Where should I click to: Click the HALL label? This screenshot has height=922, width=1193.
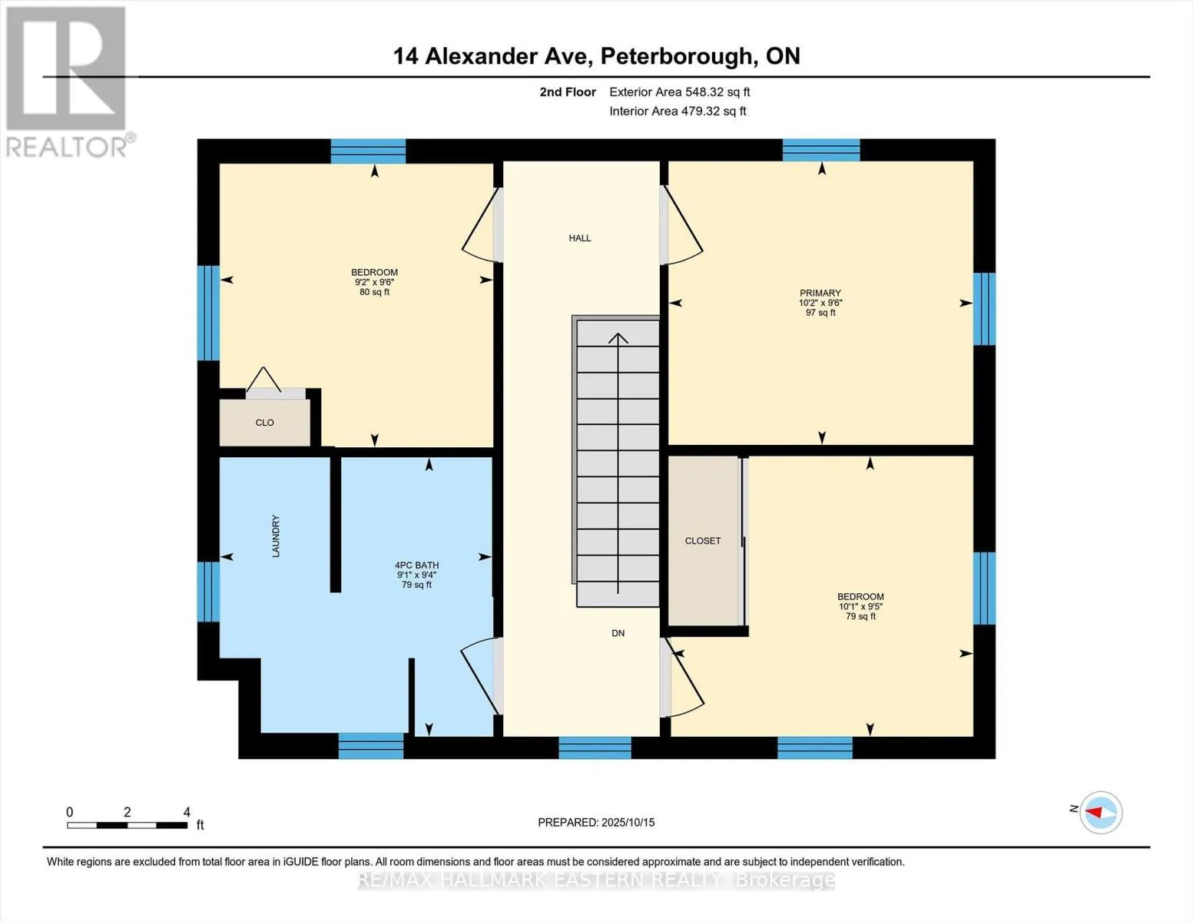click(580, 238)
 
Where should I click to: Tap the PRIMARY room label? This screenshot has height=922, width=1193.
click(820, 293)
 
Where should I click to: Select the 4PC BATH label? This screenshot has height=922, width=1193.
click(416, 565)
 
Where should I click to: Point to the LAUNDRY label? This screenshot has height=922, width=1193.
click(276, 536)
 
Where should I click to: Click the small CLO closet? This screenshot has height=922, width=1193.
click(265, 423)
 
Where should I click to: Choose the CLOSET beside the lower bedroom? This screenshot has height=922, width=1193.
click(703, 541)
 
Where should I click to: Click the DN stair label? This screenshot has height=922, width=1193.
click(618, 633)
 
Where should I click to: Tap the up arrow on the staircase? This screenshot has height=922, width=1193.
click(618, 339)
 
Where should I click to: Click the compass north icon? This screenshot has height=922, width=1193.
click(1101, 812)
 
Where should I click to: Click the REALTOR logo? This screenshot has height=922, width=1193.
click(67, 81)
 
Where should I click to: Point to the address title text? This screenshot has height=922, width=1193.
click(596, 56)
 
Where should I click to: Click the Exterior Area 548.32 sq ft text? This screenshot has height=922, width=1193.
click(679, 92)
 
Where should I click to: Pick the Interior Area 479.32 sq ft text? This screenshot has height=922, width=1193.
click(678, 111)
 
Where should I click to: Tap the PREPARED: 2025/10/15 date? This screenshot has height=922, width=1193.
click(596, 822)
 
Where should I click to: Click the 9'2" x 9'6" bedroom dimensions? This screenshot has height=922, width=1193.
click(374, 282)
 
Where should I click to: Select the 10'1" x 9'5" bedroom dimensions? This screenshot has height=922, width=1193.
click(860, 606)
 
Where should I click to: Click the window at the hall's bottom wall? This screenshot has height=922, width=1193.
click(595, 748)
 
